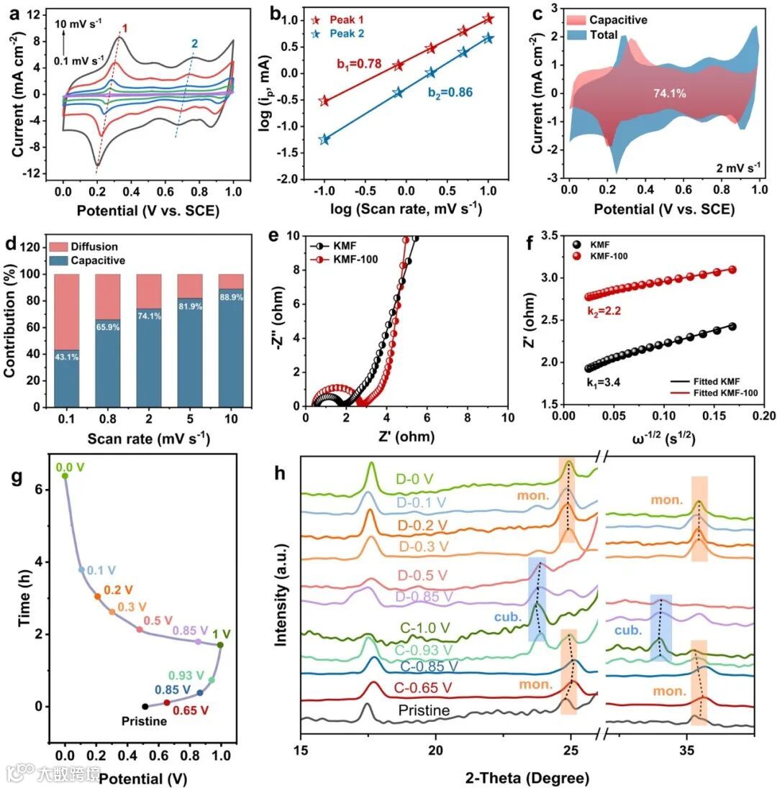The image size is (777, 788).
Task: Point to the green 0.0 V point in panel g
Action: pos(65,475)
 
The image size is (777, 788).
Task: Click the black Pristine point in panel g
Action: pos(145,706)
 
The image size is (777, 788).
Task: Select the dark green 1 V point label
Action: pos(222,634)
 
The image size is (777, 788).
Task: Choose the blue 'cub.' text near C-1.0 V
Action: pos(507,617)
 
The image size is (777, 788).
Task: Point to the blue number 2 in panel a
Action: pos(194,44)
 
